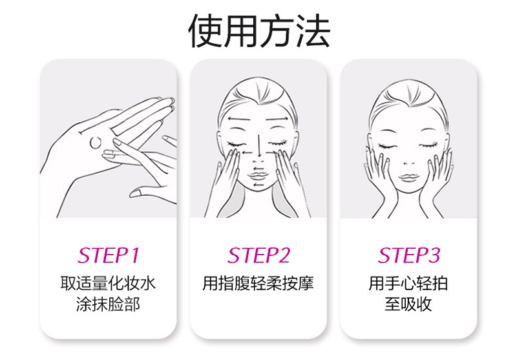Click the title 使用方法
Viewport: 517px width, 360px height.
coord(259,30)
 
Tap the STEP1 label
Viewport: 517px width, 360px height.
coord(109,255)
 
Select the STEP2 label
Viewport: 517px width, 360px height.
coord(259,255)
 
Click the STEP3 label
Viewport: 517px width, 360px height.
coord(409,255)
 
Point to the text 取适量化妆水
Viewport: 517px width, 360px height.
coord(108,283)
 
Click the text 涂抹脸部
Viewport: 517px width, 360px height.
coord(108,304)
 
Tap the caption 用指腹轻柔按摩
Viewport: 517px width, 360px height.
coord(258,283)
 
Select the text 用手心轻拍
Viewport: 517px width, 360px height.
coord(408,283)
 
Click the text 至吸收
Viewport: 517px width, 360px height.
coord(408,304)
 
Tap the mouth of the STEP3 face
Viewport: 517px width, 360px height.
coord(408,178)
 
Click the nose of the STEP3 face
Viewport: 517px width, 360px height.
coord(409,163)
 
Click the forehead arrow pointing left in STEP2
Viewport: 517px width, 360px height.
coord(238,119)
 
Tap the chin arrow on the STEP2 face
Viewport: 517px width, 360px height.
coord(258,185)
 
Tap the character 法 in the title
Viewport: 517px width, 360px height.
coord(313,30)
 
